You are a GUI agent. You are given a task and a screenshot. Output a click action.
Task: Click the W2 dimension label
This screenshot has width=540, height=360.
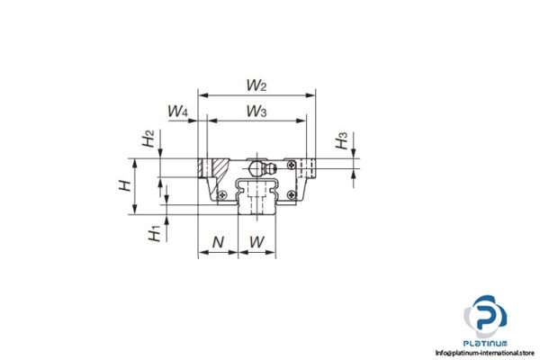click(x=256, y=85)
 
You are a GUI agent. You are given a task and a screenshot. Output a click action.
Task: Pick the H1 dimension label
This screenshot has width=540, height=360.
click(x=155, y=232)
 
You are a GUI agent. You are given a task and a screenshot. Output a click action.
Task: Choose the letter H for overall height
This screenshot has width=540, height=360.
click(x=127, y=186)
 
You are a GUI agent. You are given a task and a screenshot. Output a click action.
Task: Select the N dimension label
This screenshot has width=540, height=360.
click(x=217, y=241)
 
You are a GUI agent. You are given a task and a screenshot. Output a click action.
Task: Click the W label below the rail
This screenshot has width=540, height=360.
click(x=256, y=241)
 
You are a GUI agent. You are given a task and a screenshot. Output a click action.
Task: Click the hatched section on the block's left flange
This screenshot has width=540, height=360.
click(x=219, y=168)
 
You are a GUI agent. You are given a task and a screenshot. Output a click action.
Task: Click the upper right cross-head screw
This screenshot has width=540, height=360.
click(x=290, y=163)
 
